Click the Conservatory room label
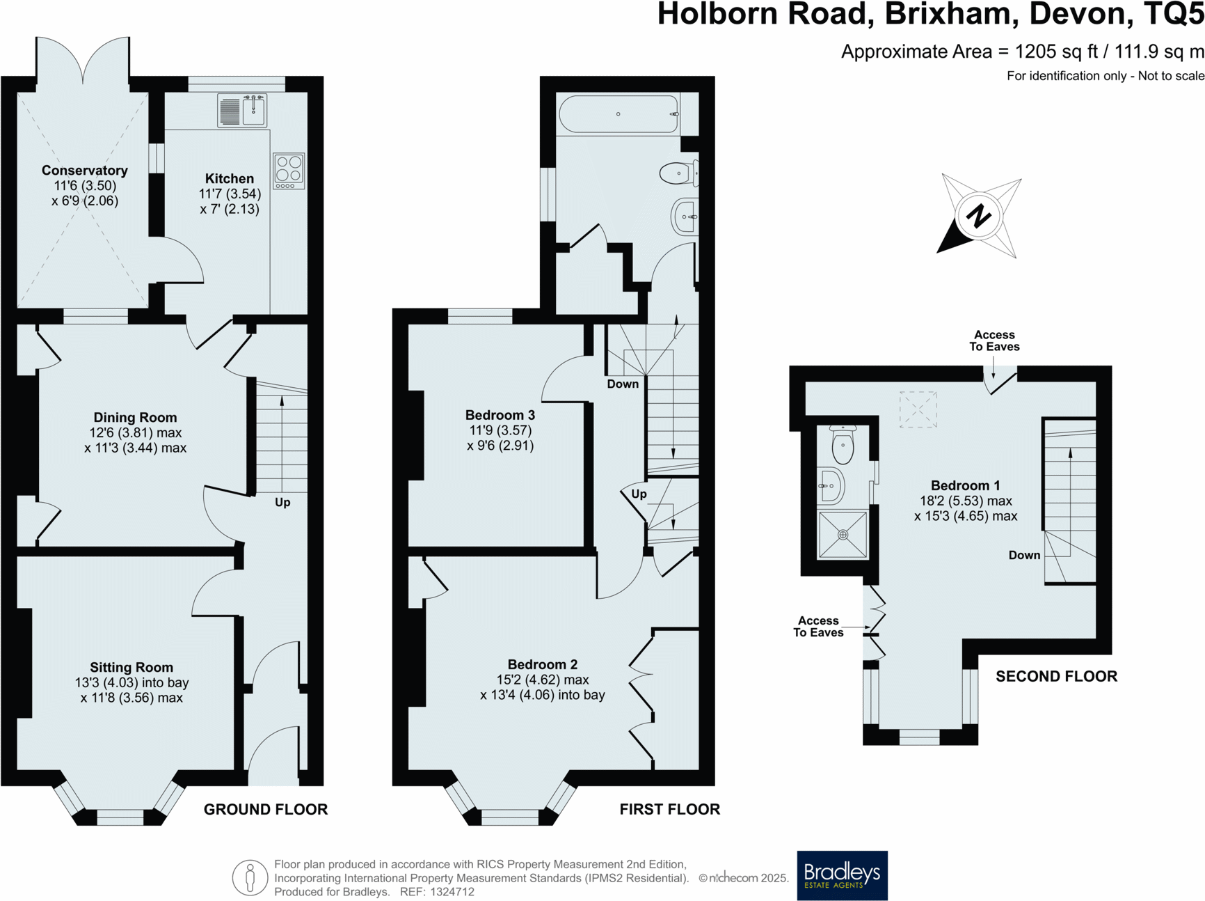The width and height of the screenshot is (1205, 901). (x=84, y=171)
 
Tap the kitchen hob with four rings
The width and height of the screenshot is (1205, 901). (x=289, y=171)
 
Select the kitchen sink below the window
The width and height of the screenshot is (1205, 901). (x=242, y=111)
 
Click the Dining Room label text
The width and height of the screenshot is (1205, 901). (x=135, y=418)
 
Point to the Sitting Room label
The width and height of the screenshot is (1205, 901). (x=131, y=668)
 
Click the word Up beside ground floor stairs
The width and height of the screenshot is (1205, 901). (x=282, y=502)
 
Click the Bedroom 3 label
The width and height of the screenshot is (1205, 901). (x=500, y=415)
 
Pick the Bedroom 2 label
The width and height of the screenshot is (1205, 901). (x=542, y=664)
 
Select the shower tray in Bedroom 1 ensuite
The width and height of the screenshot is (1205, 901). (x=843, y=535)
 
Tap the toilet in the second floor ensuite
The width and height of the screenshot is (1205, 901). (x=843, y=445)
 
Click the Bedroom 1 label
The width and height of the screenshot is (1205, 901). (x=965, y=485)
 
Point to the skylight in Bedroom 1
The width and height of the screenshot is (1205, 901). (x=918, y=409)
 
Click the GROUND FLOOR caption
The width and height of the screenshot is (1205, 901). (x=265, y=809)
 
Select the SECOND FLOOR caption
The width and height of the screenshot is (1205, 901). (x=1055, y=676)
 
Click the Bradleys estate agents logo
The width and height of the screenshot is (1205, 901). (x=841, y=875)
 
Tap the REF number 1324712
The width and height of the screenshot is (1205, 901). (x=452, y=892)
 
